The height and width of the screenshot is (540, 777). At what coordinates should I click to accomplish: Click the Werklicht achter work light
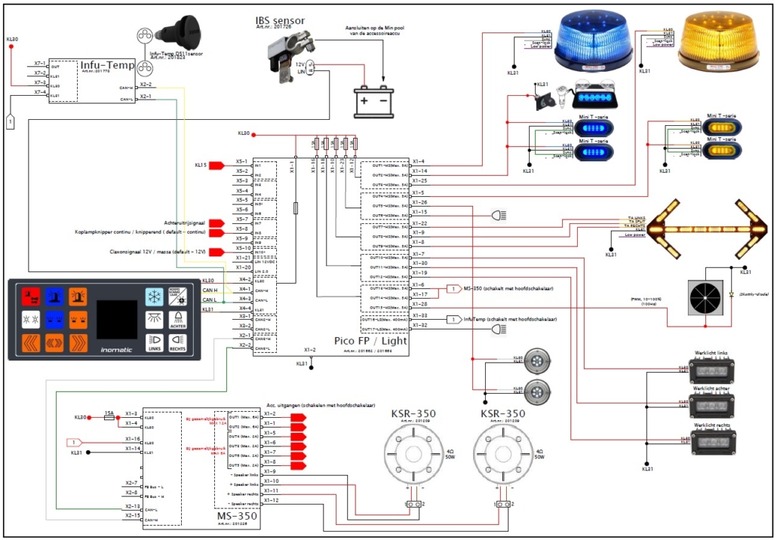(x=711, y=406)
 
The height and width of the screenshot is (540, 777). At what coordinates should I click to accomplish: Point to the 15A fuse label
(x=109, y=413)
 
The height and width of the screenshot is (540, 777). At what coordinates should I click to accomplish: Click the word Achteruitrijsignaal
(x=184, y=222)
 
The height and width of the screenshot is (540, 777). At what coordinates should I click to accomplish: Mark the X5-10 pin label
(x=241, y=247)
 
